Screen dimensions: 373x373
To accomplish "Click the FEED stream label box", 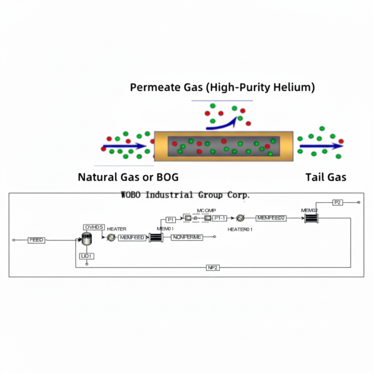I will coord(37,240).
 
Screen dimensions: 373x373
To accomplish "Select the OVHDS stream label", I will coord(94,227).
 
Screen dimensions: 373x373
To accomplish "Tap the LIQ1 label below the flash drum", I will coord(87,256).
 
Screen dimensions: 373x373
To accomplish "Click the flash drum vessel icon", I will coord(87,238).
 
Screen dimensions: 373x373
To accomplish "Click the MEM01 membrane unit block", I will coord(156,237).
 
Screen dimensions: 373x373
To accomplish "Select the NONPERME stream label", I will coord(187,237).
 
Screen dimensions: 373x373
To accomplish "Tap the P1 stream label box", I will coord(171,219).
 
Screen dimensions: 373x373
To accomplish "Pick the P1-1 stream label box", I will coord(220,218).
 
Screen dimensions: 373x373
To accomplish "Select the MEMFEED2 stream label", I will coord(271,218).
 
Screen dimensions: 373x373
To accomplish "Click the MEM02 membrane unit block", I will coord(311,218).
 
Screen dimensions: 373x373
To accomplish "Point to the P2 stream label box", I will coord(338,202).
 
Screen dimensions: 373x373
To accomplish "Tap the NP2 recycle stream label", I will coord(212,267).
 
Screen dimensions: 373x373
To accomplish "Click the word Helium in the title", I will coord(292,87).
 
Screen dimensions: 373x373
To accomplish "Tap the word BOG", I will coord(167,177).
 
